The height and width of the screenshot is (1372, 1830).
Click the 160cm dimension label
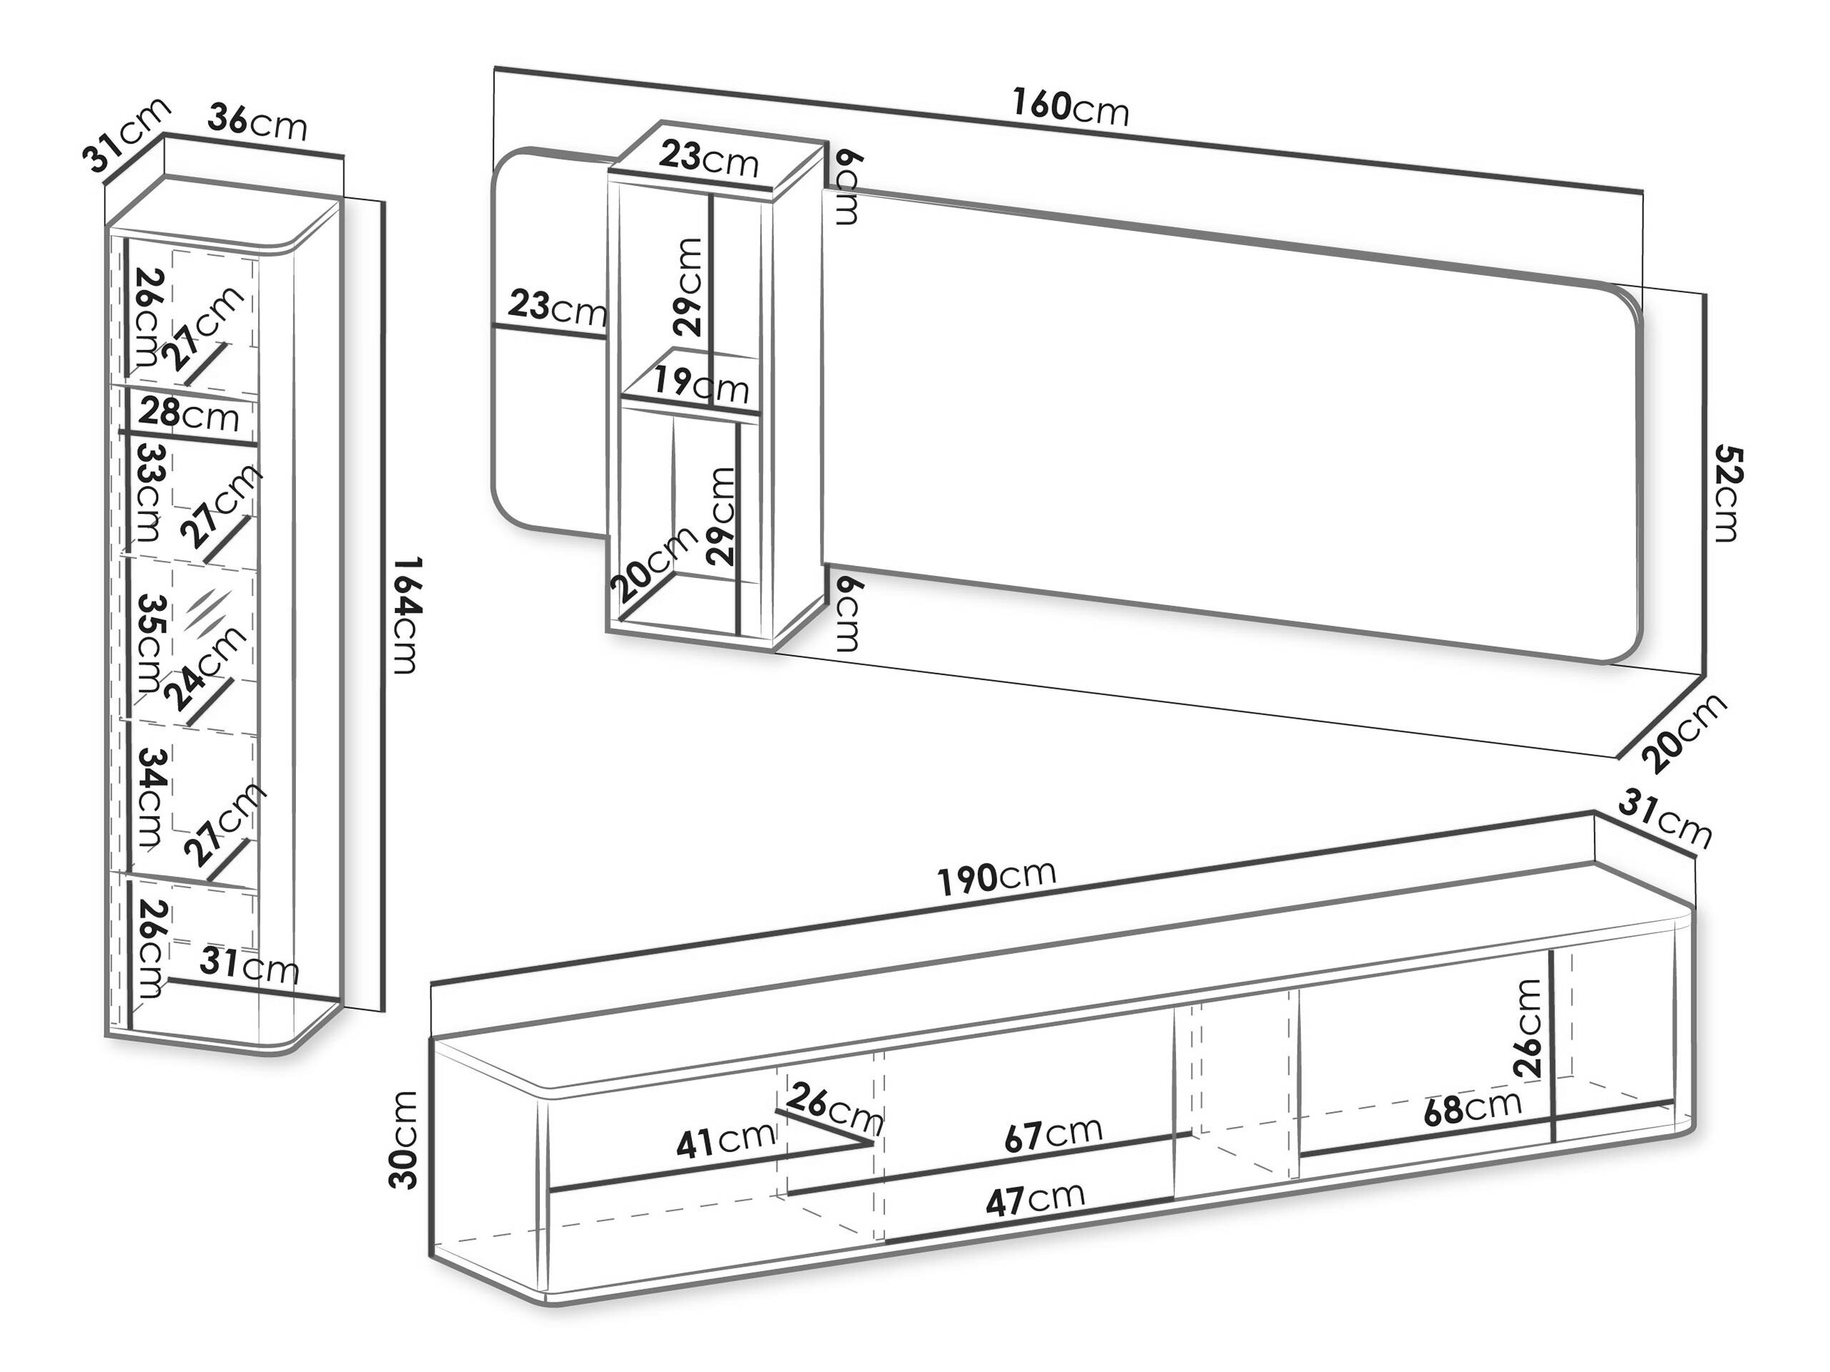click(x=1071, y=106)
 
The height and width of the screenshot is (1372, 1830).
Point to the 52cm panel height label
click(x=1727, y=493)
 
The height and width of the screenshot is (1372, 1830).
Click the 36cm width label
click(x=257, y=122)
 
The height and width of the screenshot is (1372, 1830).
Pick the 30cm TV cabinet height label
click(x=404, y=1140)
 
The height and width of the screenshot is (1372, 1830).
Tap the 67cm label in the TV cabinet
click(x=1053, y=1134)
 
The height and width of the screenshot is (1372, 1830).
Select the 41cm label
click(x=726, y=1140)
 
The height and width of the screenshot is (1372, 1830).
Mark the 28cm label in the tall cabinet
click(x=189, y=414)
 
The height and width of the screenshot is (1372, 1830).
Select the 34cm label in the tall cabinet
click(x=151, y=797)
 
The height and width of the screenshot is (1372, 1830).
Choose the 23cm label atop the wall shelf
click(x=709, y=158)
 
